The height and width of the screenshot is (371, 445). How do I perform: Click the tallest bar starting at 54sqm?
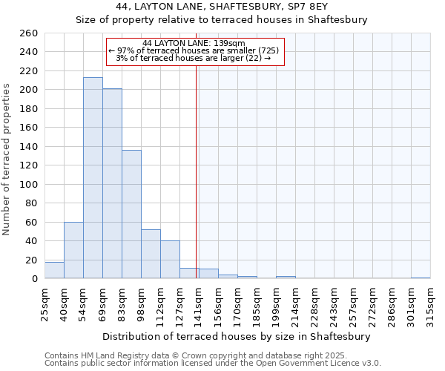93,178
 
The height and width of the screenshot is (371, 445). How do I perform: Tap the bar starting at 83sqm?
131,214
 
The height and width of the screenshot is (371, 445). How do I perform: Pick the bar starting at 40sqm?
73,250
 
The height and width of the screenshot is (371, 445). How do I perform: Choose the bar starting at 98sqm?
151,254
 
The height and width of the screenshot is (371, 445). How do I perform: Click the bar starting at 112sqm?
170,260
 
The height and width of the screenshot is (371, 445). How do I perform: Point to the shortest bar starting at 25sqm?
54,271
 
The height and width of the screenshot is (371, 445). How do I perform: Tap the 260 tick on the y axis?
29,33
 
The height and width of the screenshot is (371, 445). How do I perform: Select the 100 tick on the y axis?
29,184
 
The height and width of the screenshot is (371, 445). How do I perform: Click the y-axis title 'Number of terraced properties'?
7,160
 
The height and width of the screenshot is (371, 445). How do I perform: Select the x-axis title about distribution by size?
237,336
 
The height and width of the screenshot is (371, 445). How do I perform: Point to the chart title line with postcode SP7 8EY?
222,6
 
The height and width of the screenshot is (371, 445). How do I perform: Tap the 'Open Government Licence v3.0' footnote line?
213,363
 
